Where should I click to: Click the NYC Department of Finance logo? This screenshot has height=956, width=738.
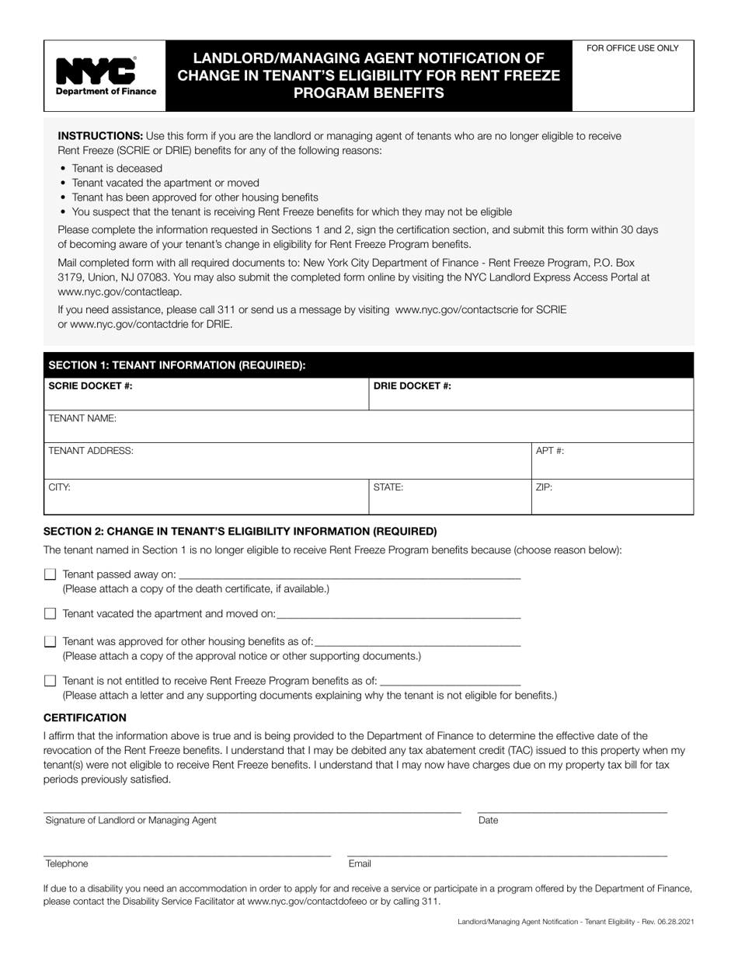point(105,76)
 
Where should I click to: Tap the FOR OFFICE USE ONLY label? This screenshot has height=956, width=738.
point(632,48)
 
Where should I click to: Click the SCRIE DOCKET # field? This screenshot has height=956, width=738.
point(206,394)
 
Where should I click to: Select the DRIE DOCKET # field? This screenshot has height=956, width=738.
point(531,394)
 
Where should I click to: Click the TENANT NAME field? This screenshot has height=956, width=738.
point(368,427)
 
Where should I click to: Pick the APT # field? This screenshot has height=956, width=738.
point(612,461)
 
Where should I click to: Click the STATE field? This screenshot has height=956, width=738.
point(450,497)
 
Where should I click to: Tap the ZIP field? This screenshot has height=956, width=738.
point(612,497)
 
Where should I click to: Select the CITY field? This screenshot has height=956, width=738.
point(206,497)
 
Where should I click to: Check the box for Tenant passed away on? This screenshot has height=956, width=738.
point(50,574)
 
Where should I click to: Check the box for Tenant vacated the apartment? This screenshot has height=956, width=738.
point(50,613)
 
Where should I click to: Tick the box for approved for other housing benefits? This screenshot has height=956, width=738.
point(50,641)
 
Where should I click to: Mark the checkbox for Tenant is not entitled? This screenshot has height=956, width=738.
point(50,681)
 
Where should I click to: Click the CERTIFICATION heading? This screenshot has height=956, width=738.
point(85,717)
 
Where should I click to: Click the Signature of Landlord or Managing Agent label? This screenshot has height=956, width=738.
point(131,820)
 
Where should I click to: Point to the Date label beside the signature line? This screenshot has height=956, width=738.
point(489,820)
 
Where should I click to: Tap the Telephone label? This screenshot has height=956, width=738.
point(67,864)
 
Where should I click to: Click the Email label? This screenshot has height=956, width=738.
point(360,864)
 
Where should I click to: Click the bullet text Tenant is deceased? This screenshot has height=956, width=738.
point(117,168)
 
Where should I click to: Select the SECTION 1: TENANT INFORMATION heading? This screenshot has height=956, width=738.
point(177,365)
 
